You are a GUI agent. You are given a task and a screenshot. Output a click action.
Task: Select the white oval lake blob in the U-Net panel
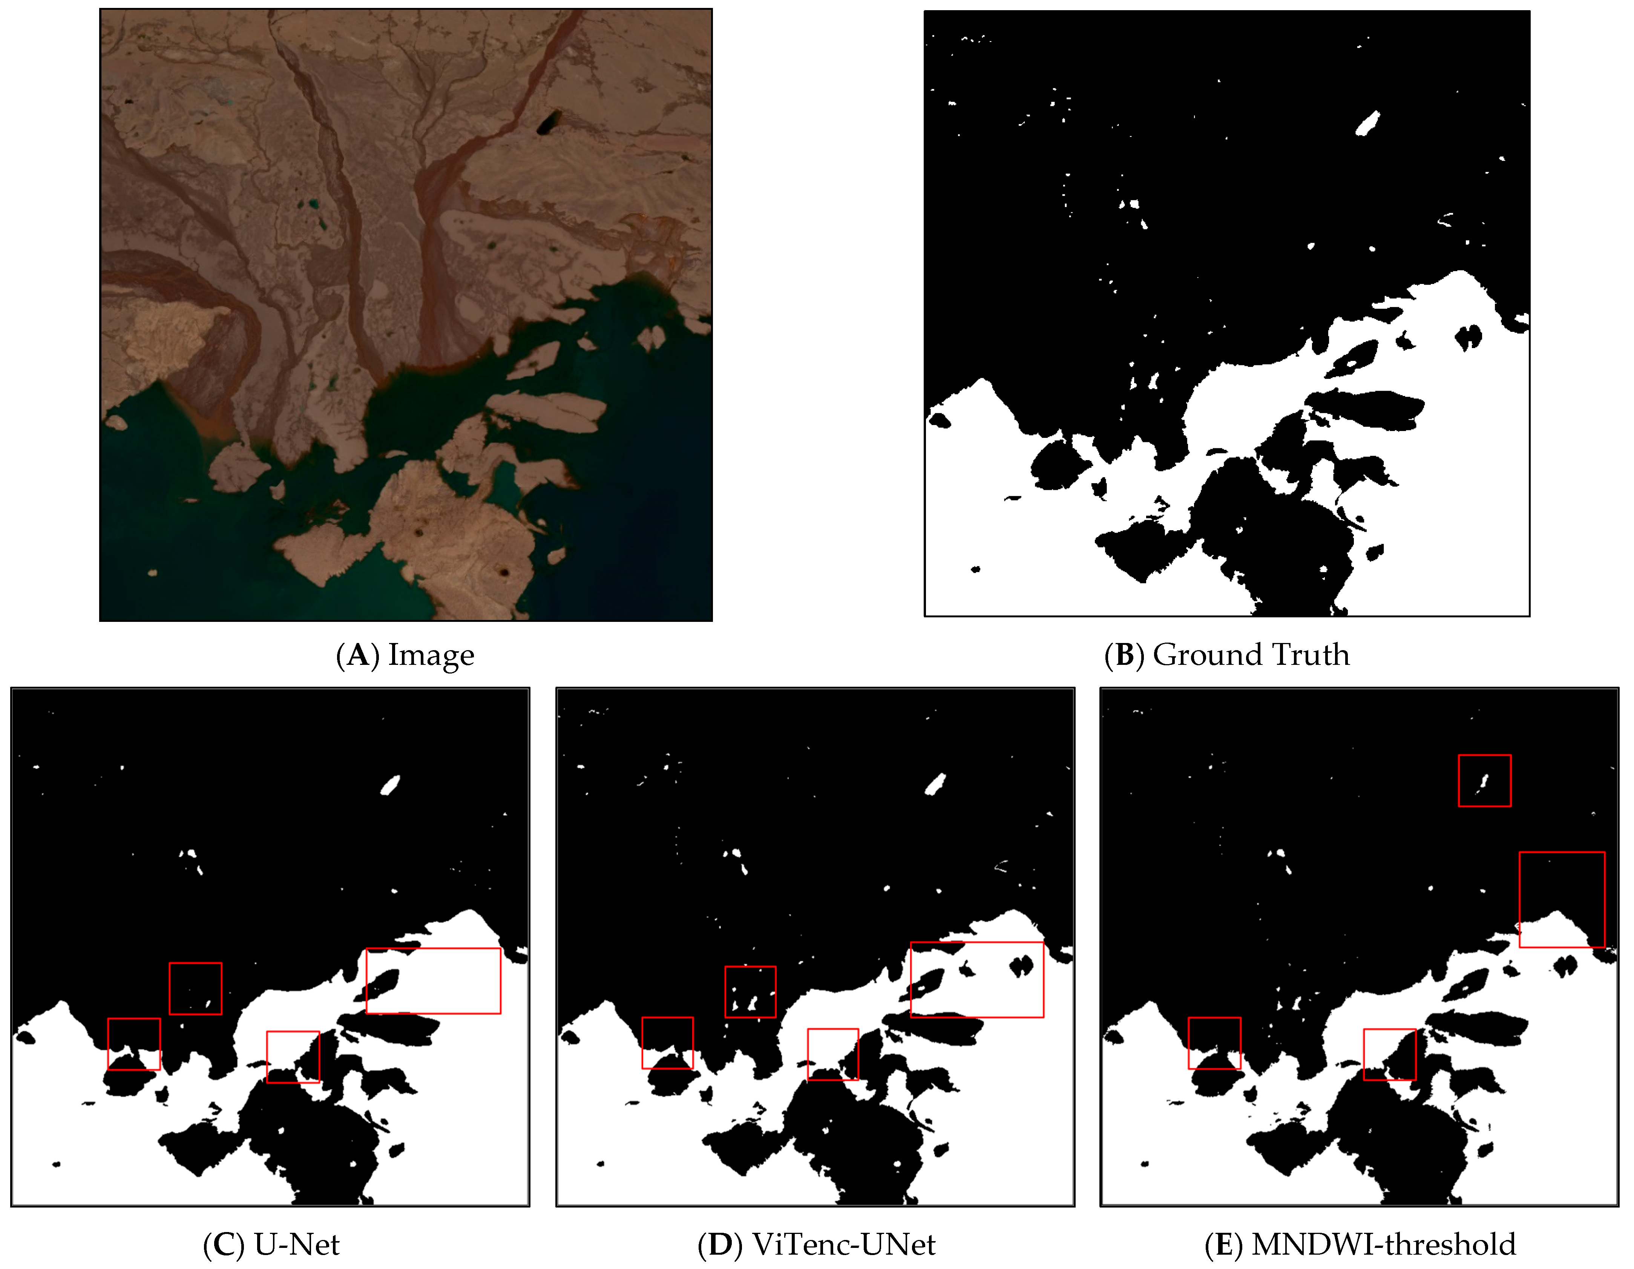(390, 785)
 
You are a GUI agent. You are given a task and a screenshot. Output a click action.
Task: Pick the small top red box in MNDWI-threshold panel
(1484, 780)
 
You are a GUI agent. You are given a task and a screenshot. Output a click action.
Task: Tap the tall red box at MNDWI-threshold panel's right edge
(1562, 899)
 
